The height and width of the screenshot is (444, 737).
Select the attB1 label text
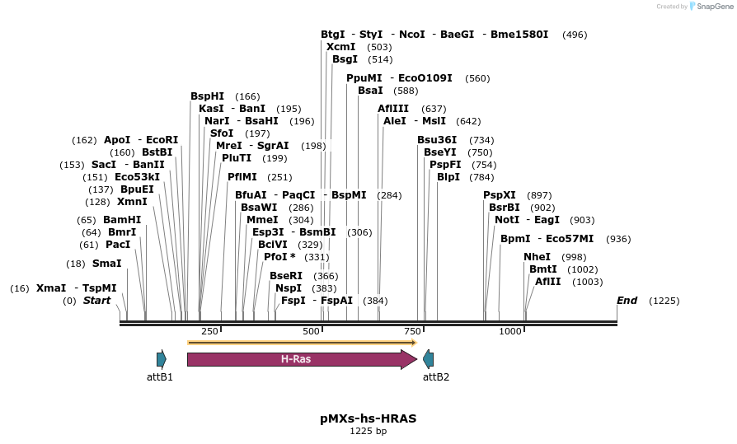[159, 377]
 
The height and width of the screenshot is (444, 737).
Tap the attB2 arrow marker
[428, 359]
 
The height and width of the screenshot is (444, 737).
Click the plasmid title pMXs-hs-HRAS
[368, 418]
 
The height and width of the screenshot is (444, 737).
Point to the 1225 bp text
[368, 431]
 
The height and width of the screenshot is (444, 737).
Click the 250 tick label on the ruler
[209, 331]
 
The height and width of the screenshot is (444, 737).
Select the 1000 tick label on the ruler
[510, 331]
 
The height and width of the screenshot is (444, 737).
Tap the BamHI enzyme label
[122, 220]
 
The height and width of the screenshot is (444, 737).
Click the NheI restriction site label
[537, 257]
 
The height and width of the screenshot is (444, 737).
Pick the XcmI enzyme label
[340, 47]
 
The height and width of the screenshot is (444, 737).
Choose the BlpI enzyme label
[448, 177]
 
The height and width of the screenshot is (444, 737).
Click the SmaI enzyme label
[106, 264]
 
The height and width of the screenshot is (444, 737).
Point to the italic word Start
[96, 301]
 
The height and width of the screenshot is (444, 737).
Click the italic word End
[627, 301]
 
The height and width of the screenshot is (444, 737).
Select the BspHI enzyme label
[206, 96]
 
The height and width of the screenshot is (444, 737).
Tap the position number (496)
[575, 35]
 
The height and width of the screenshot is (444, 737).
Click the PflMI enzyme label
[242, 177]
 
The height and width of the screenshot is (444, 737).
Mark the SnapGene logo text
[711, 7]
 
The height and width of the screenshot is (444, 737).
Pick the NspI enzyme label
[289, 288]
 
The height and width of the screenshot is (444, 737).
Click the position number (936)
[618, 239]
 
